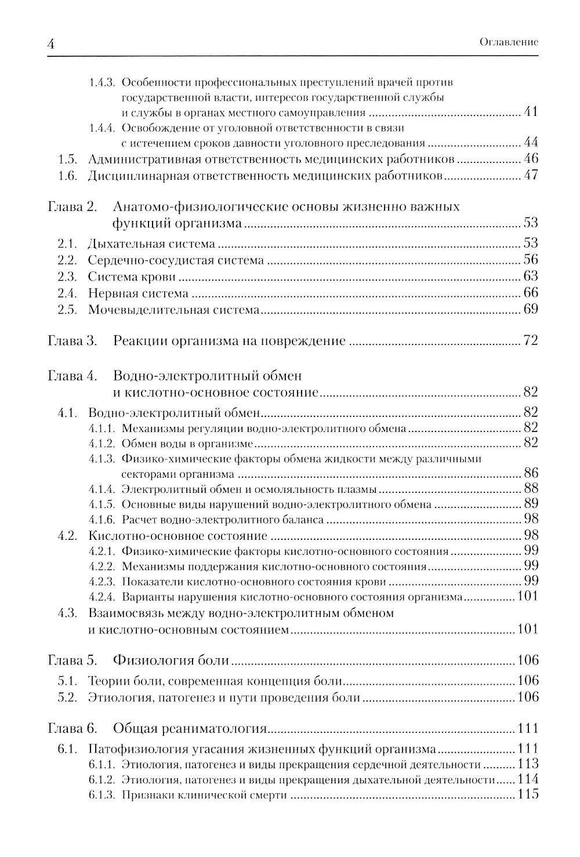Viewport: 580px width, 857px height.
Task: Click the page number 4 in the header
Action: pyautogui.click(x=50, y=43)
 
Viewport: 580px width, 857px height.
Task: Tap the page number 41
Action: pyautogui.click(x=530, y=112)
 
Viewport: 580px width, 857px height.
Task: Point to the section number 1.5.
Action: pyautogui.click(x=68, y=159)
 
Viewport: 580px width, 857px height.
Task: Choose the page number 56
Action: pyautogui.click(x=530, y=260)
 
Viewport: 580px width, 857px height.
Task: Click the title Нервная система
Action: pyautogui.click(x=138, y=293)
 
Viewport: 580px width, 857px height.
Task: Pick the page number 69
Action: pyautogui.click(x=530, y=309)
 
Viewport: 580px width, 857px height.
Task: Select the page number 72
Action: pyautogui.click(x=530, y=340)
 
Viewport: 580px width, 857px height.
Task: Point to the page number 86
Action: pyautogui.click(x=530, y=473)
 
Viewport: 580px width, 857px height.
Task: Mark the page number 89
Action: pyautogui.click(x=530, y=503)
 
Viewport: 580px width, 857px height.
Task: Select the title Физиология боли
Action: pyautogui.click(x=171, y=660)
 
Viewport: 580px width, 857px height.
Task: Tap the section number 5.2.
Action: pyautogui.click(x=68, y=697)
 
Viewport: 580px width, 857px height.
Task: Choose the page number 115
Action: pyautogui.click(x=528, y=794)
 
